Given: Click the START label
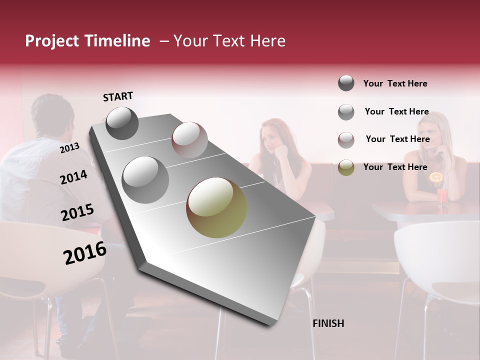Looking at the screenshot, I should pyautogui.click(x=118, y=96).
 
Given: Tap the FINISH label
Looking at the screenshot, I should pyautogui.click(x=328, y=323).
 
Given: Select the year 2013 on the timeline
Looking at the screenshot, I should pyautogui.click(x=69, y=147).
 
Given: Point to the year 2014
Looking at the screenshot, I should pyautogui.click(x=73, y=177).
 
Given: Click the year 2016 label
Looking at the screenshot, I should pyautogui.click(x=85, y=253).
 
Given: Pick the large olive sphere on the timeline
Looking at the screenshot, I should pyautogui.click(x=216, y=207).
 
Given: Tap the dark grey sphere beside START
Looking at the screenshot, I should pyautogui.click(x=122, y=123).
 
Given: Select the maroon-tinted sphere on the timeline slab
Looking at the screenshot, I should pyautogui.click(x=189, y=139).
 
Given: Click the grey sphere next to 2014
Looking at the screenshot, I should pyautogui.click(x=145, y=180).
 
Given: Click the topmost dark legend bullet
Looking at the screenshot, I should pyautogui.click(x=346, y=83).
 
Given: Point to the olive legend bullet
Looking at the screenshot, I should pyautogui.click(x=346, y=167).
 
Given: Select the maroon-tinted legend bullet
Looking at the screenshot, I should pyautogui.click(x=346, y=139).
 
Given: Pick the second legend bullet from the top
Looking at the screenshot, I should pyautogui.click(x=346, y=112).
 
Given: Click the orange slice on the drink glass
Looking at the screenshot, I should pyautogui.click(x=436, y=177).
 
